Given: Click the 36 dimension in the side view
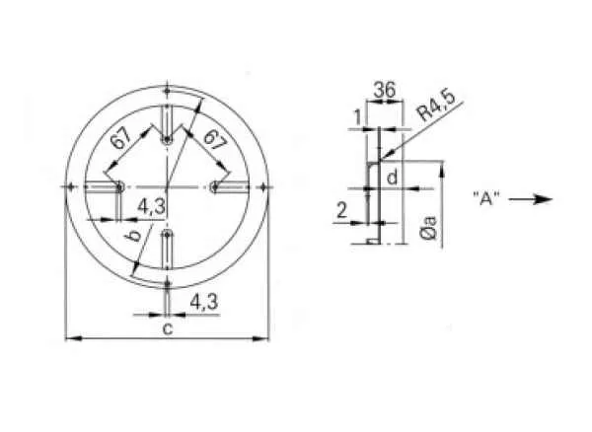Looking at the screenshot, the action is tap(385, 90).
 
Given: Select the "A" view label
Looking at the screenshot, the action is tap(486, 199).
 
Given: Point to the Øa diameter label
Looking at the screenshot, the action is tap(429, 228).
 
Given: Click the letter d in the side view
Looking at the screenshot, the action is tap(393, 177).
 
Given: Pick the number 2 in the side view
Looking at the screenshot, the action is tap(341, 210).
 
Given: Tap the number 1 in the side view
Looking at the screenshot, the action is tap(359, 117).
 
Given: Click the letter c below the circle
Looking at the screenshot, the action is tap(168, 328).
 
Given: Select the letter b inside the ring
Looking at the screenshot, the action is tap(133, 236).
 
